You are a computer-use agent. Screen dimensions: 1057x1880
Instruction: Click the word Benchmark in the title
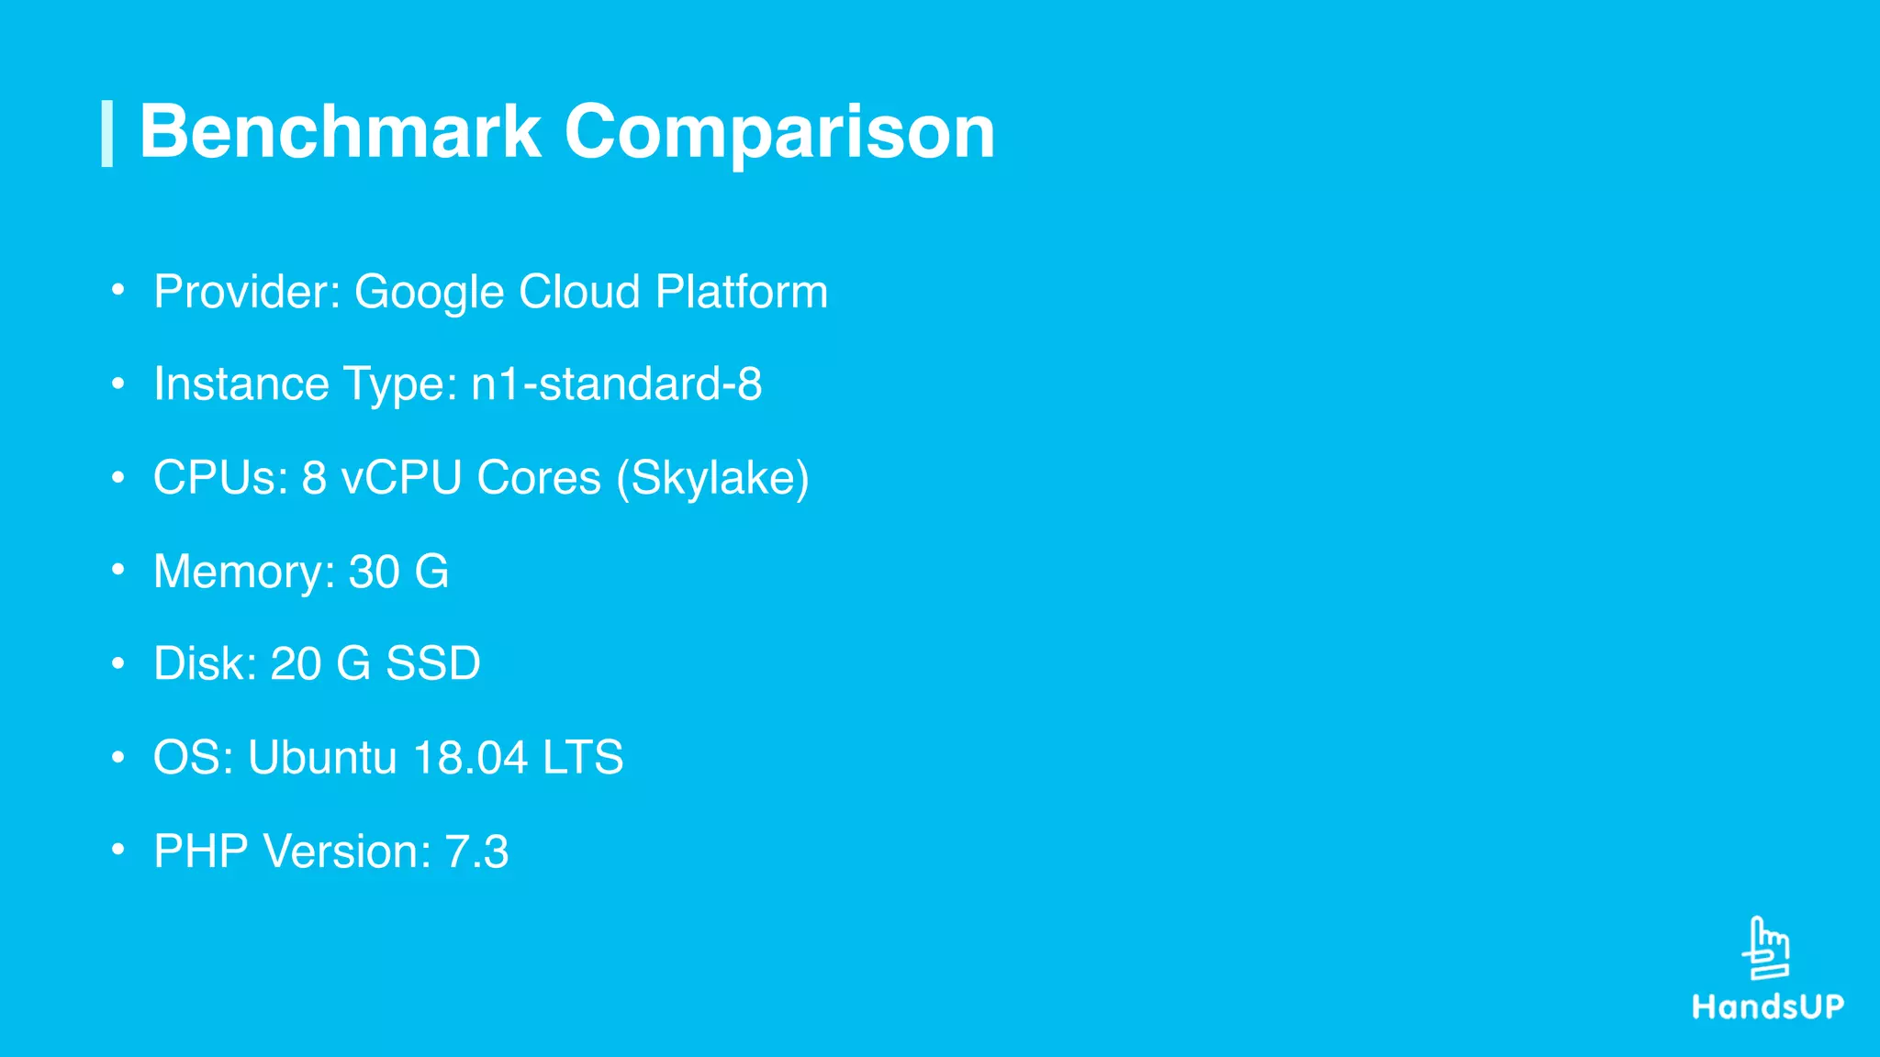point(340,132)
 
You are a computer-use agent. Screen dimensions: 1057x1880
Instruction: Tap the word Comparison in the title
point(779,134)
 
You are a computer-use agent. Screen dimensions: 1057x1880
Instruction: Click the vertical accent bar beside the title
point(107,134)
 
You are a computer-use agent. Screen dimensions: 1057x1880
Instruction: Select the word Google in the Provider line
point(429,293)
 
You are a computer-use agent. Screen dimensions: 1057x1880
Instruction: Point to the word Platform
point(742,292)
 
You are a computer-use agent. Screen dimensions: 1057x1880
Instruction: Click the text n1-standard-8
point(616,384)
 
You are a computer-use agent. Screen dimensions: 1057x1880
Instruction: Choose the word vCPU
point(401,477)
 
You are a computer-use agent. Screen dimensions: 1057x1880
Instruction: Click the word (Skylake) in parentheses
point(712,478)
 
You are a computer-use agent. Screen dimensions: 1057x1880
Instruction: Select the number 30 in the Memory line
point(374,572)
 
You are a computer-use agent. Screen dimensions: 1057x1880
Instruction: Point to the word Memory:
point(244,573)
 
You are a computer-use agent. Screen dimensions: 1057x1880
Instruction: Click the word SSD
point(432,663)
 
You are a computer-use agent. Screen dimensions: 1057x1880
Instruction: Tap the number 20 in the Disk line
point(295,663)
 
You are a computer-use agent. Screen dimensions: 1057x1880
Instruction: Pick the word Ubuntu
point(322,758)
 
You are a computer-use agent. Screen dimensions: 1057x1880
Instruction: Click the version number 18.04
point(470,758)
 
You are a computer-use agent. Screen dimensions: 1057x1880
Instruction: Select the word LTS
point(583,758)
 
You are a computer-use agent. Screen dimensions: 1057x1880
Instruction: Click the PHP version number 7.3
point(476,851)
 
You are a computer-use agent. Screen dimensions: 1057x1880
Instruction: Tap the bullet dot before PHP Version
point(117,850)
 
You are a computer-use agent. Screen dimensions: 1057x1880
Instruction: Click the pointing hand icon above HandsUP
point(1766,949)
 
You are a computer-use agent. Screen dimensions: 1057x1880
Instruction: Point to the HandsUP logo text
point(1768,1007)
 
